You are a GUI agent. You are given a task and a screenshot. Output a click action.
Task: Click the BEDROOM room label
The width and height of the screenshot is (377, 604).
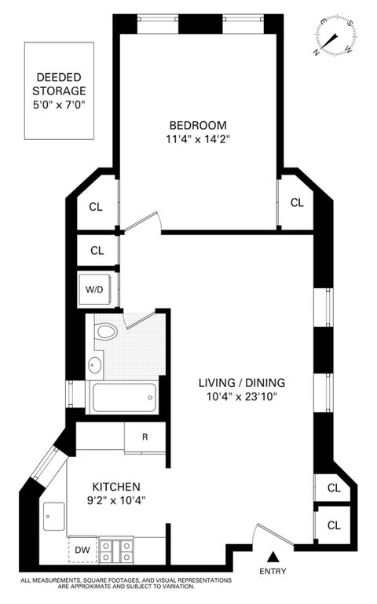pos(198,125)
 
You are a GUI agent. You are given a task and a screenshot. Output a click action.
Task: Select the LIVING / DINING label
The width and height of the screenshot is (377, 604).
pos(240,383)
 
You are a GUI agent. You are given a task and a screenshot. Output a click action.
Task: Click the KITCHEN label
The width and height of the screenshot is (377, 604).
pos(115,487)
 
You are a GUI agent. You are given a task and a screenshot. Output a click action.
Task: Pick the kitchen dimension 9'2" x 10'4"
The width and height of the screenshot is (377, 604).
pos(115,500)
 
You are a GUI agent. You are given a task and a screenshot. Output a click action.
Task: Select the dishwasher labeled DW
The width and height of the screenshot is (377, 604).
pos(82,550)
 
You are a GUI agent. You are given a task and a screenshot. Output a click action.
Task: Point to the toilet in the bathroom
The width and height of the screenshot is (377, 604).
pos(105,332)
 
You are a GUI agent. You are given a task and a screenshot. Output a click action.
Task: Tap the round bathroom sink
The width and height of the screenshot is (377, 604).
pos(95,365)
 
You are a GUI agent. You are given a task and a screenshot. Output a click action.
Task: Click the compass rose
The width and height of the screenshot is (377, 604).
pos(333,36)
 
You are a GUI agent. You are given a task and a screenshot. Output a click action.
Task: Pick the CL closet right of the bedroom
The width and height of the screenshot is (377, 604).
pos(297,202)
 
